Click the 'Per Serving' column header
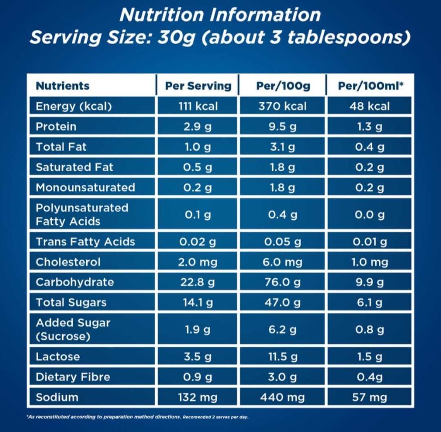(198, 86)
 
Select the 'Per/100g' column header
(283, 86)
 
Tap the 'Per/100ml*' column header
(371, 86)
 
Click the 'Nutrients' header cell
(62, 86)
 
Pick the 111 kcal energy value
(198, 106)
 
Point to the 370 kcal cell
(283, 106)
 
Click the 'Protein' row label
(56, 126)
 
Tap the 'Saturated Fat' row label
(74, 167)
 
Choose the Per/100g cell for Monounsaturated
(283, 187)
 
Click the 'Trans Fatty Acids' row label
(85, 242)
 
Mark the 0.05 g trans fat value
(283, 242)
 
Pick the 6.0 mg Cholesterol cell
(283, 262)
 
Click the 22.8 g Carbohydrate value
(198, 282)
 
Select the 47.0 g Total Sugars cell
(283, 303)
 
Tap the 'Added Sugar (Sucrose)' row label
(73, 329)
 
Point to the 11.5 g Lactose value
(283, 357)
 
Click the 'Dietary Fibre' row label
(73, 377)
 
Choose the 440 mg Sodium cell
(283, 397)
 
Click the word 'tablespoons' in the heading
(348, 38)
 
